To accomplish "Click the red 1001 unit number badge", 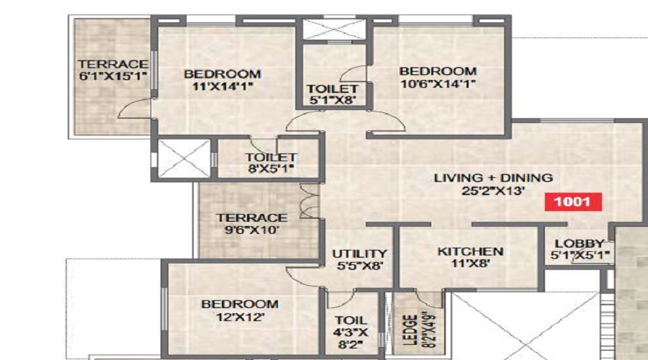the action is click(x=573, y=202).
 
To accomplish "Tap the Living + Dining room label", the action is click(x=493, y=178).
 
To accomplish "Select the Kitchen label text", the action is click(x=470, y=251).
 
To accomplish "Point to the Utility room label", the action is click(x=359, y=253).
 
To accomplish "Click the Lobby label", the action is click(x=580, y=243).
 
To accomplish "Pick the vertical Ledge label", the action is click(x=410, y=330).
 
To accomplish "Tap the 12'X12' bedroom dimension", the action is click(x=240, y=317).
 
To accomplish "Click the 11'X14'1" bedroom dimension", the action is click(x=222, y=86).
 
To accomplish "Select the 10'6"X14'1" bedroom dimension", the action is click(x=438, y=84).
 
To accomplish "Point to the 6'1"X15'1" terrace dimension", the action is click(x=113, y=76).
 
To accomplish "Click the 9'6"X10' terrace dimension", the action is click(x=252, y=230).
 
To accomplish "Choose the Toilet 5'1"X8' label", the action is click(x=332, y=94).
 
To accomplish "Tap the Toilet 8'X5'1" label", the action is click(x=271, y=163).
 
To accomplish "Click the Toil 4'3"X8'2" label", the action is click(x=351, y=333).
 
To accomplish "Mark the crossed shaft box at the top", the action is click(x=334, y=30).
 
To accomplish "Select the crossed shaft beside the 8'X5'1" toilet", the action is click(x=184, y=158).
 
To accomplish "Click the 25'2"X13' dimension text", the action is click(x=493, y=191).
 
